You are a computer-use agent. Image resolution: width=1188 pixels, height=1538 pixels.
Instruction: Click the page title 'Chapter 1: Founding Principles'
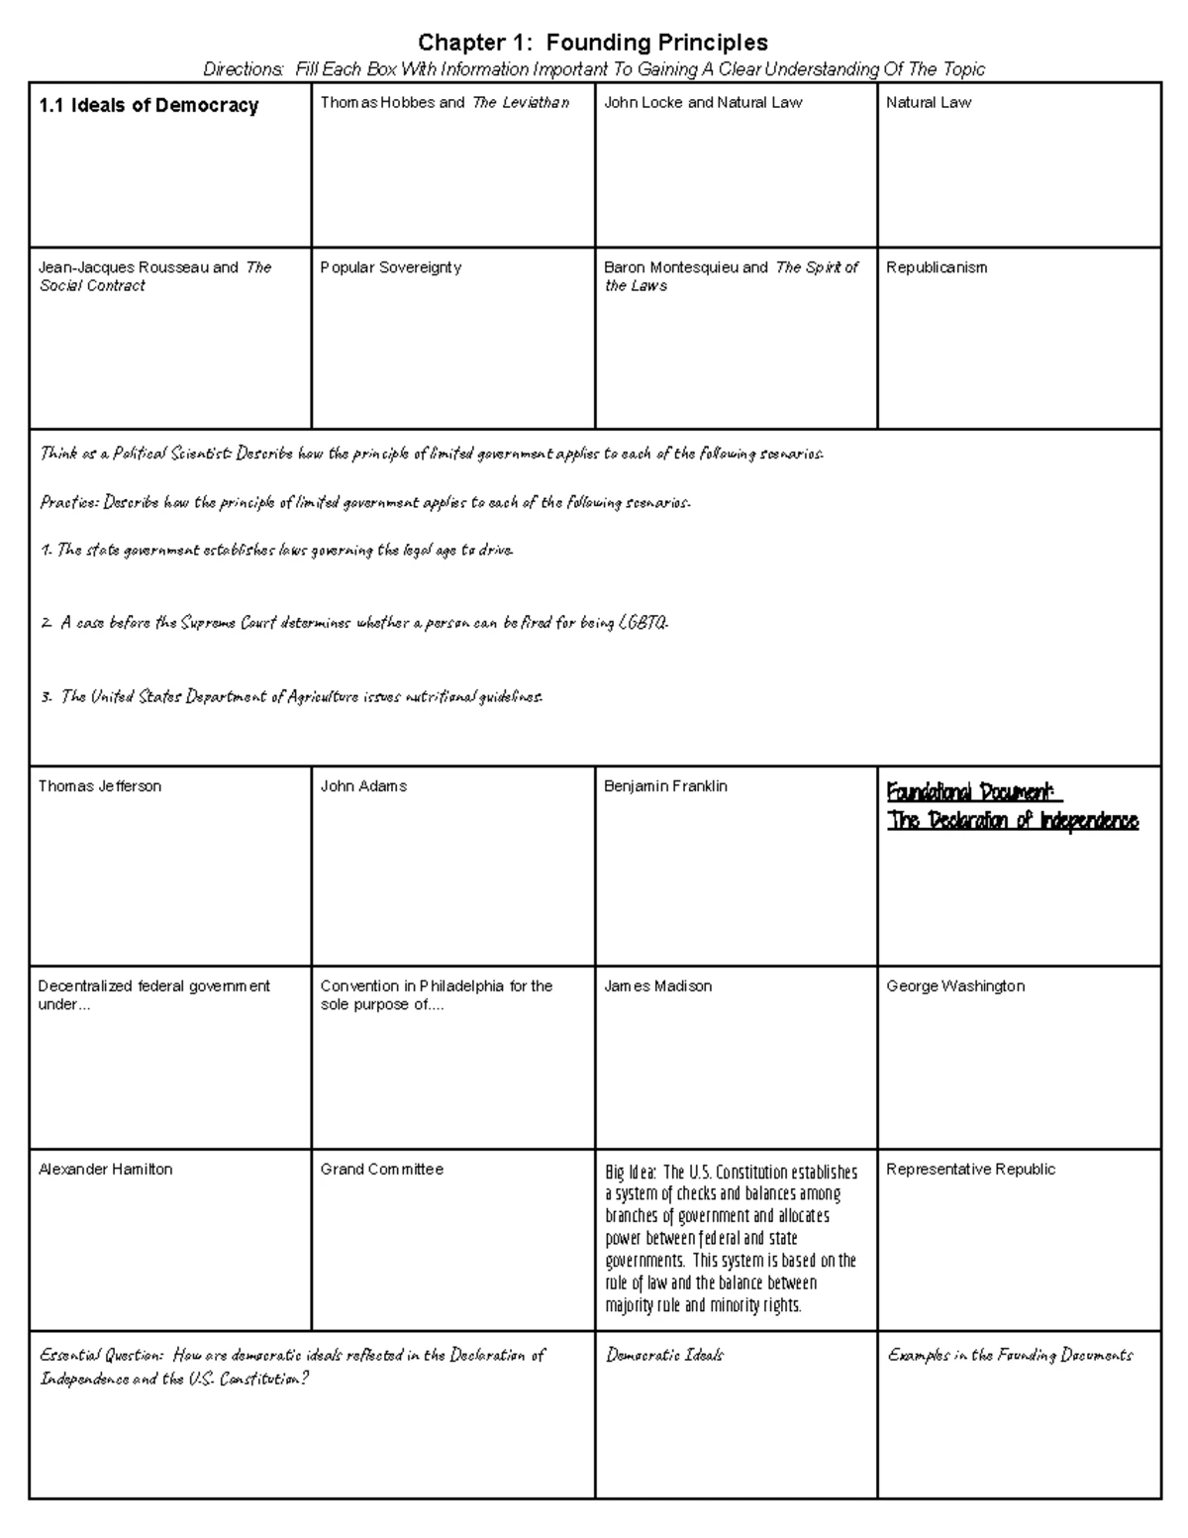click(x=592, y=43)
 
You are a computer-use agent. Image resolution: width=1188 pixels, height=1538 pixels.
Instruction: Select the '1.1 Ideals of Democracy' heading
click(x=148, y=106)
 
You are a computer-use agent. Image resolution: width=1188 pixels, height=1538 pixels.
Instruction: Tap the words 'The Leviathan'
click(x=521, y=102)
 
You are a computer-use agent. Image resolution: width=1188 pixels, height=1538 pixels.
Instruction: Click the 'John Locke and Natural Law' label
click(x=703, y=102)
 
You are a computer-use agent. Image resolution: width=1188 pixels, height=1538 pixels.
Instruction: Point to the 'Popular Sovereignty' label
click(x=391, y=267)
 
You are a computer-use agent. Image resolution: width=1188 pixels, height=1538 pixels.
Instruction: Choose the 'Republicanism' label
click(x=937, y=267)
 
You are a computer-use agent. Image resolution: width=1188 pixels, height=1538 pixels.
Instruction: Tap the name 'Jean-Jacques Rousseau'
click(x=124, y=267)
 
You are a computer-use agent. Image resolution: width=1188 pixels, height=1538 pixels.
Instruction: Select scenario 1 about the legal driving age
click(x=277, y=551)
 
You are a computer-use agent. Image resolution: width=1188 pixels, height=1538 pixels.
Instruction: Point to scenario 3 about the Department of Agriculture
click(x=292, y=697)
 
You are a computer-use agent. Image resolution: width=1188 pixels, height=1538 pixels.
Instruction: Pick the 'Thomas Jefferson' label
click(x=99, y=786)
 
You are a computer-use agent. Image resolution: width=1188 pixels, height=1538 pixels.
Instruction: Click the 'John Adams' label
click(x=363, y=786)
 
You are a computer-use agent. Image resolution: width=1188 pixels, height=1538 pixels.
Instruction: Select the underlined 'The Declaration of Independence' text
click(x=1013, y=821)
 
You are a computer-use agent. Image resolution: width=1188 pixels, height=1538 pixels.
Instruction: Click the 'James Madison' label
click(x=657, y=986)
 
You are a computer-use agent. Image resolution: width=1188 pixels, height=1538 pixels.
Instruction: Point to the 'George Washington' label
click(x=955, y=986)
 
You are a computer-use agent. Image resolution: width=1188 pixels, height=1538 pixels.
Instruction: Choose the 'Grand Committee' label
click(x=382, y=1170)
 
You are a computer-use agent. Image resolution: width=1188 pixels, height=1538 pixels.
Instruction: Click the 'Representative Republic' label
click(x=970, y=1170)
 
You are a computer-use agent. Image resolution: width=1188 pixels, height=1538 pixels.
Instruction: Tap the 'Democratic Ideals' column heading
click(x=664, y=1355)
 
